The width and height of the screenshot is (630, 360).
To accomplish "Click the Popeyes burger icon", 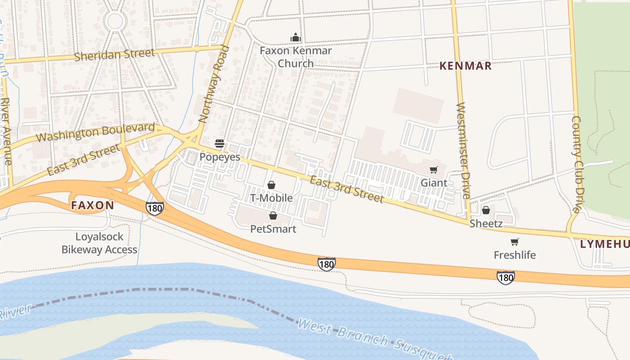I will coord(220,144).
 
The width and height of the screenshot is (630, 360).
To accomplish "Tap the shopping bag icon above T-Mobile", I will coord(271,185).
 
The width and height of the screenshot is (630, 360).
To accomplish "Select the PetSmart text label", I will coord(273,229).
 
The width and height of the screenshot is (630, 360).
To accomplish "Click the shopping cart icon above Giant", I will coord(434,170).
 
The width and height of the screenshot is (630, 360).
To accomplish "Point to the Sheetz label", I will coord(486,224).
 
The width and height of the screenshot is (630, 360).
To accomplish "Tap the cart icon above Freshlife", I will coord(515,242).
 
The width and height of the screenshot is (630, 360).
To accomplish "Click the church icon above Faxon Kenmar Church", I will coord(296,37).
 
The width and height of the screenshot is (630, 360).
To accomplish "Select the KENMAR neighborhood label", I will coord(465,66).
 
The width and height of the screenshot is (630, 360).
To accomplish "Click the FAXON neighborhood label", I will coord(92,206).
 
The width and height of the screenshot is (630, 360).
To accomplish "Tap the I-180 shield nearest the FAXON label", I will coord(154,208).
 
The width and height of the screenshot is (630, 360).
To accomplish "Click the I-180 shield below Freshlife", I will coord(506,278).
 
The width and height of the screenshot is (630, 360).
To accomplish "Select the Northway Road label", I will coord(214,84).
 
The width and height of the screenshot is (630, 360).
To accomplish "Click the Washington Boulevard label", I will coord(95,132).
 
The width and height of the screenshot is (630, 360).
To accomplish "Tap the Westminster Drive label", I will coord(463,151).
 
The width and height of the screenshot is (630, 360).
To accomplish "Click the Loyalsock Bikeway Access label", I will coord(99,243).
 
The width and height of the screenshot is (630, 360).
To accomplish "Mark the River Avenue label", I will coord(6,130).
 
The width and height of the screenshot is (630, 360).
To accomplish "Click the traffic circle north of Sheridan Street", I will coord(115,21).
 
